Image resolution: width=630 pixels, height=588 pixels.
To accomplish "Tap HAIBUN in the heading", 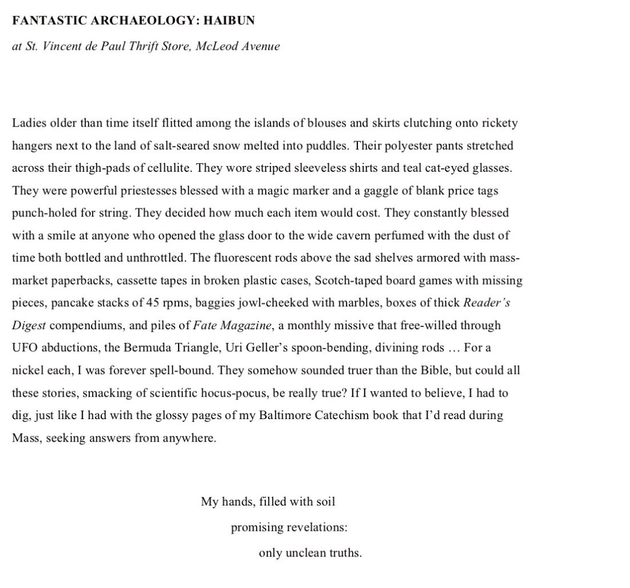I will pos(229,21).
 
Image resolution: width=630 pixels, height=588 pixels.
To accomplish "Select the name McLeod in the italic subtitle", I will pos(217,46).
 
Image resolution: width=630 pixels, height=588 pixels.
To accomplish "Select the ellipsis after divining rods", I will pos(453,348).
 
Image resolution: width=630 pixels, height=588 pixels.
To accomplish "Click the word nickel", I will pos(27,370).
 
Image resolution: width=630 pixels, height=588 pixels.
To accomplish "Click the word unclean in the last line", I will pos(306,553).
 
